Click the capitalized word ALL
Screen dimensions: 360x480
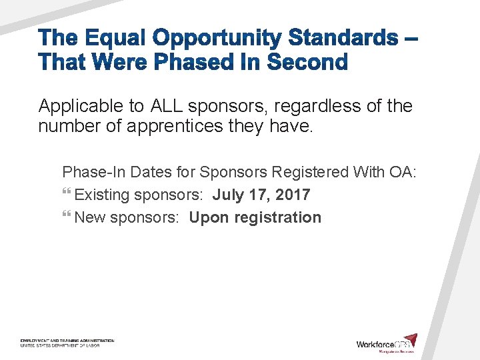167,106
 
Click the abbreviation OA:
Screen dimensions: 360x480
402,172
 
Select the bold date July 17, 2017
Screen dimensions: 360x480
261,195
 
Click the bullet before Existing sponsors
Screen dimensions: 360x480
66,195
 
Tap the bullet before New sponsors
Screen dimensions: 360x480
66,217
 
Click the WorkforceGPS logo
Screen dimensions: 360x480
387,343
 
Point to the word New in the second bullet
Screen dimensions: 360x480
90,217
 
